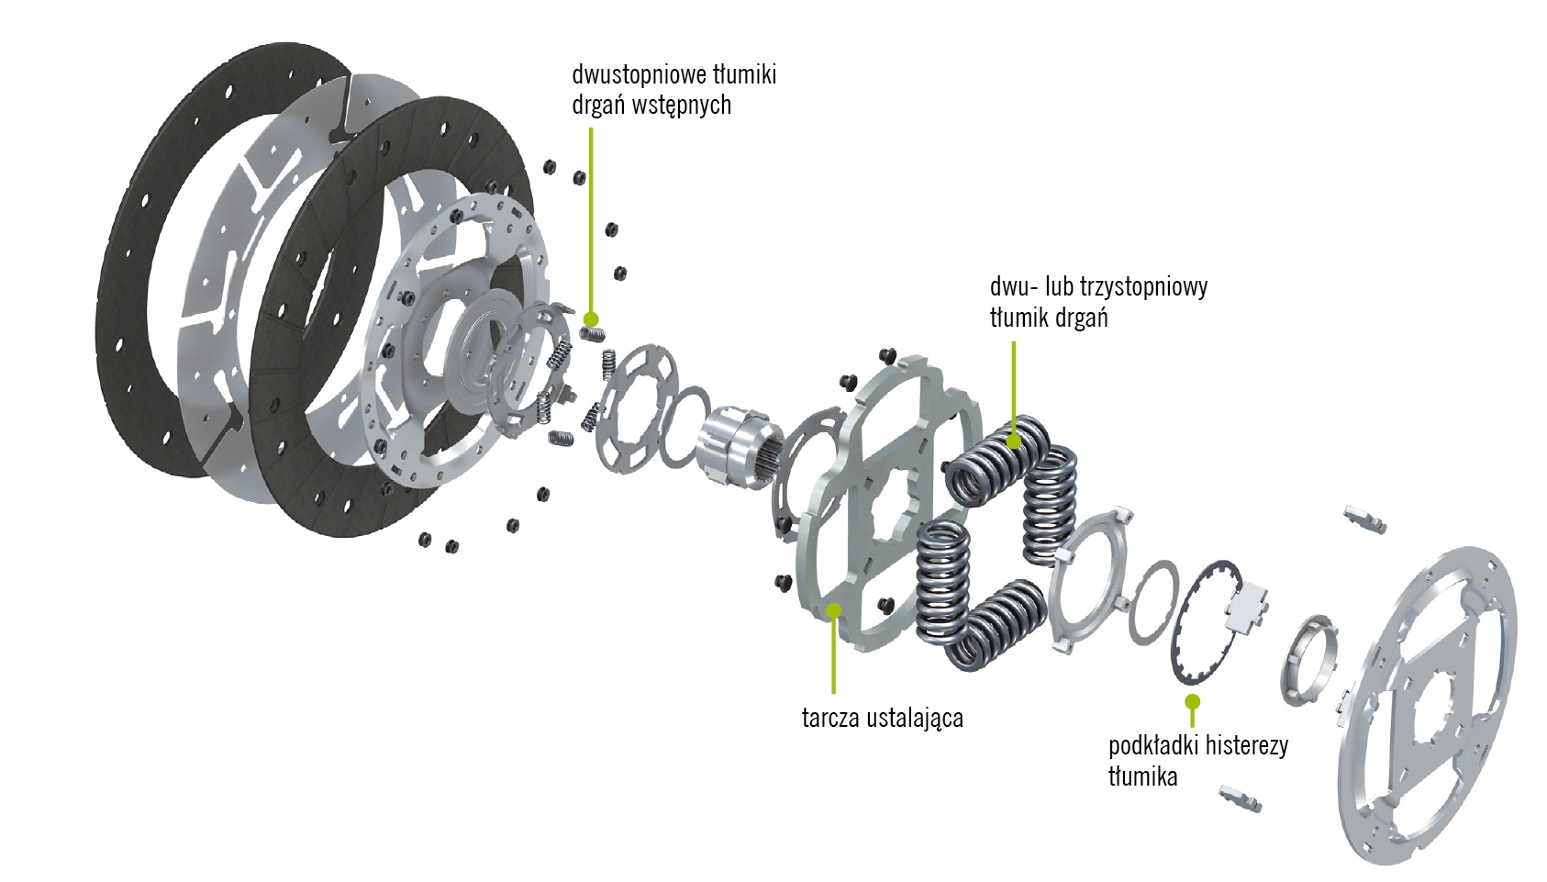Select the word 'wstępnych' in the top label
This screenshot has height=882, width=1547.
pyautogui.click(x=685, y=106)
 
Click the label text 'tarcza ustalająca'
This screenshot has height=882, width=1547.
pyautogui.click(x=882, y=718)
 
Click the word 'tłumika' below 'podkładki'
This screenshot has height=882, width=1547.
pyautogui.click(x=1142, y=776)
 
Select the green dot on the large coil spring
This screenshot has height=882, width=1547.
pyautogui.click(x=1013, y=441)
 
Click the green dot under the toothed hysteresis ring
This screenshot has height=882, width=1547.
pyautogui.click(x=1192, y=702)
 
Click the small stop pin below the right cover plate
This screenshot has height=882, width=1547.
pyautogui.click(x=1241, y=798)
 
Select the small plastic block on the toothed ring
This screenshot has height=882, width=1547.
pyautogui.click(x=1246, y=607)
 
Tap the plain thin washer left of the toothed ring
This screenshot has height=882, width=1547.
pyautogui.click(x=1152, y=602)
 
